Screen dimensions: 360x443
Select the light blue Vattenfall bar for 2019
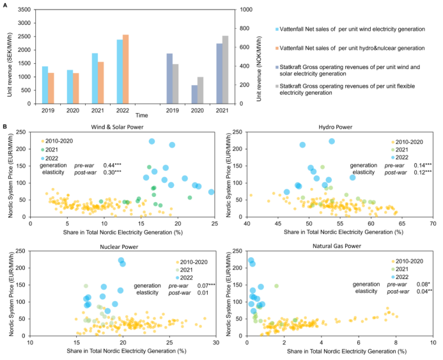pos(45,84)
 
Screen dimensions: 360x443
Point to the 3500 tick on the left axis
pos(23,10)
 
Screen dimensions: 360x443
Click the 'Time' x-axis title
pos(124,115)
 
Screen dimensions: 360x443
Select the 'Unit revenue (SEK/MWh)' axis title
pos(8,56)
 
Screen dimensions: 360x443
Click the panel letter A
pos(4,5)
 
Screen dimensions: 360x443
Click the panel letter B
pos(4,127)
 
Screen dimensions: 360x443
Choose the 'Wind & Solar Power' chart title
pos(118,127)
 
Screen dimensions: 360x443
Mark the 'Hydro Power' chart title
pos(338,127)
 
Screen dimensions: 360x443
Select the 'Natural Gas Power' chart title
pos(339,245)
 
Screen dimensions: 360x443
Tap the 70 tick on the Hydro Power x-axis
pos(432,224)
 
